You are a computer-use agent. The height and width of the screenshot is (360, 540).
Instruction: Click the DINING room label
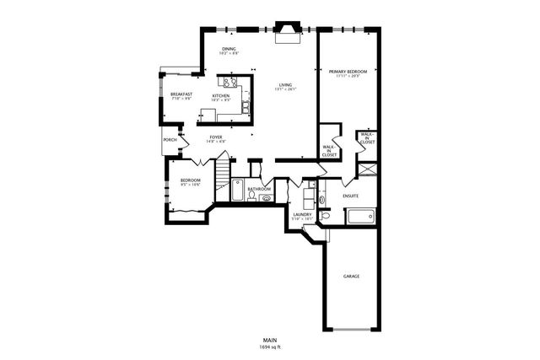pos(229,50)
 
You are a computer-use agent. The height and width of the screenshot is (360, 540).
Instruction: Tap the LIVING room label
pos(286,85)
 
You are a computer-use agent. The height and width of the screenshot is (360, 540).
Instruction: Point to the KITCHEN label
pos(221,96)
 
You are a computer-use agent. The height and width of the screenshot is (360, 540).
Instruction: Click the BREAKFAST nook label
pos(181,94)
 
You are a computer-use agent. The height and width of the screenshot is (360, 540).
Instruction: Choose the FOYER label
pos(217,137)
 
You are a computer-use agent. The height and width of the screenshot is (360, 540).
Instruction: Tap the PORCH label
pos(169,140)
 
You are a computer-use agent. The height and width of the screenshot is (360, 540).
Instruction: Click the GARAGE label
pos(352,276)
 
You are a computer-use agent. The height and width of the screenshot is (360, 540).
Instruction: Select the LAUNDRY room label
pos(303,215)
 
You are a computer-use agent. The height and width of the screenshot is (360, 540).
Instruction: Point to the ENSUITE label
pos(351,196)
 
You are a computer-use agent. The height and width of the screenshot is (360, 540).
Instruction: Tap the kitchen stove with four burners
pos(229,83)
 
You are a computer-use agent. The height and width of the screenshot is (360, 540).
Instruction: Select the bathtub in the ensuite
pos(360,217)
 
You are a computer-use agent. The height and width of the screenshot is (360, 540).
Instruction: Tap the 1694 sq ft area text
pos(270,347)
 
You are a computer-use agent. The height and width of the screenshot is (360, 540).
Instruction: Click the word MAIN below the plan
pos(270,341)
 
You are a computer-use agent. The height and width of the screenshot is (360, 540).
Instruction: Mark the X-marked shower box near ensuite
pos(367,168)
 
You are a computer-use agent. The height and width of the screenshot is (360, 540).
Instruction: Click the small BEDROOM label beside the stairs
pos(190,180)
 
